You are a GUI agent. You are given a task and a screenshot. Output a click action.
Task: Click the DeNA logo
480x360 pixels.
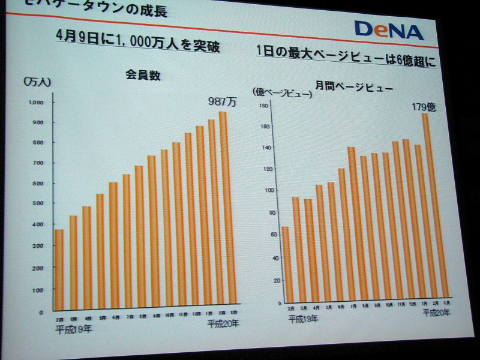(x=388, y=30)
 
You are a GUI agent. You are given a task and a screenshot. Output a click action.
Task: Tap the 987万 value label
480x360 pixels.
(x=222, y=101)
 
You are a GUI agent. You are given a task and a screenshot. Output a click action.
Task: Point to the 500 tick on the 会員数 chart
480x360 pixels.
(x=37, y=203)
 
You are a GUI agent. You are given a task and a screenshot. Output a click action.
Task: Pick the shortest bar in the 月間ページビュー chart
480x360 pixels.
(x=286, y=264)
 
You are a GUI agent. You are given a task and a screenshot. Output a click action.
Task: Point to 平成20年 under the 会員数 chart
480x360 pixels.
(x=223, y=323)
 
